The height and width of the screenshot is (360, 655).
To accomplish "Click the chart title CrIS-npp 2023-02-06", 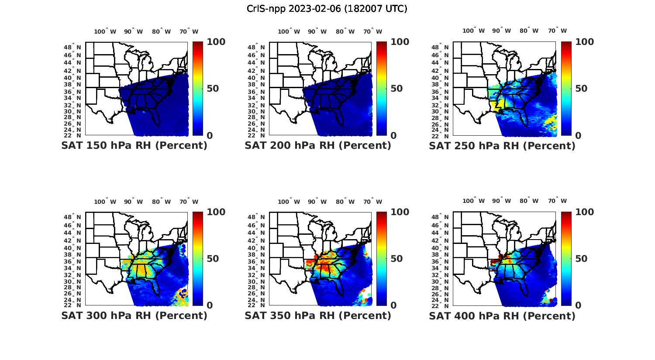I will pos(327,9).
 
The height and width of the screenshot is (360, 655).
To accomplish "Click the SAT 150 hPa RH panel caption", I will pos(134,146).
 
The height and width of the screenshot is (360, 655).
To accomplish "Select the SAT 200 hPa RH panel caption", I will pos(318,146).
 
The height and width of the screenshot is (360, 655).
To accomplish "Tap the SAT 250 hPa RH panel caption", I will pos(502,146).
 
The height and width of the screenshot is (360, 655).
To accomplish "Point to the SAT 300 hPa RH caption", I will pos(134,315).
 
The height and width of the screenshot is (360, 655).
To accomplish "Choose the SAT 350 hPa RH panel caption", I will pos(318,315).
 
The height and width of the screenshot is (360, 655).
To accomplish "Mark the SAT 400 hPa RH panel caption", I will pos(502,315).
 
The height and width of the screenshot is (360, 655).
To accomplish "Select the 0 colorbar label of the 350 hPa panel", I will pos(393,305).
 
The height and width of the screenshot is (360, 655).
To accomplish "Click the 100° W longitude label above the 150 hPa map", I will pos(105,31).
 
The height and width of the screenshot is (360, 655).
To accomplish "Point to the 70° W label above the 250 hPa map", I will pos(558,31).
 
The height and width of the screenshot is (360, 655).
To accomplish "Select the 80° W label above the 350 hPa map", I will pos(345,202).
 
